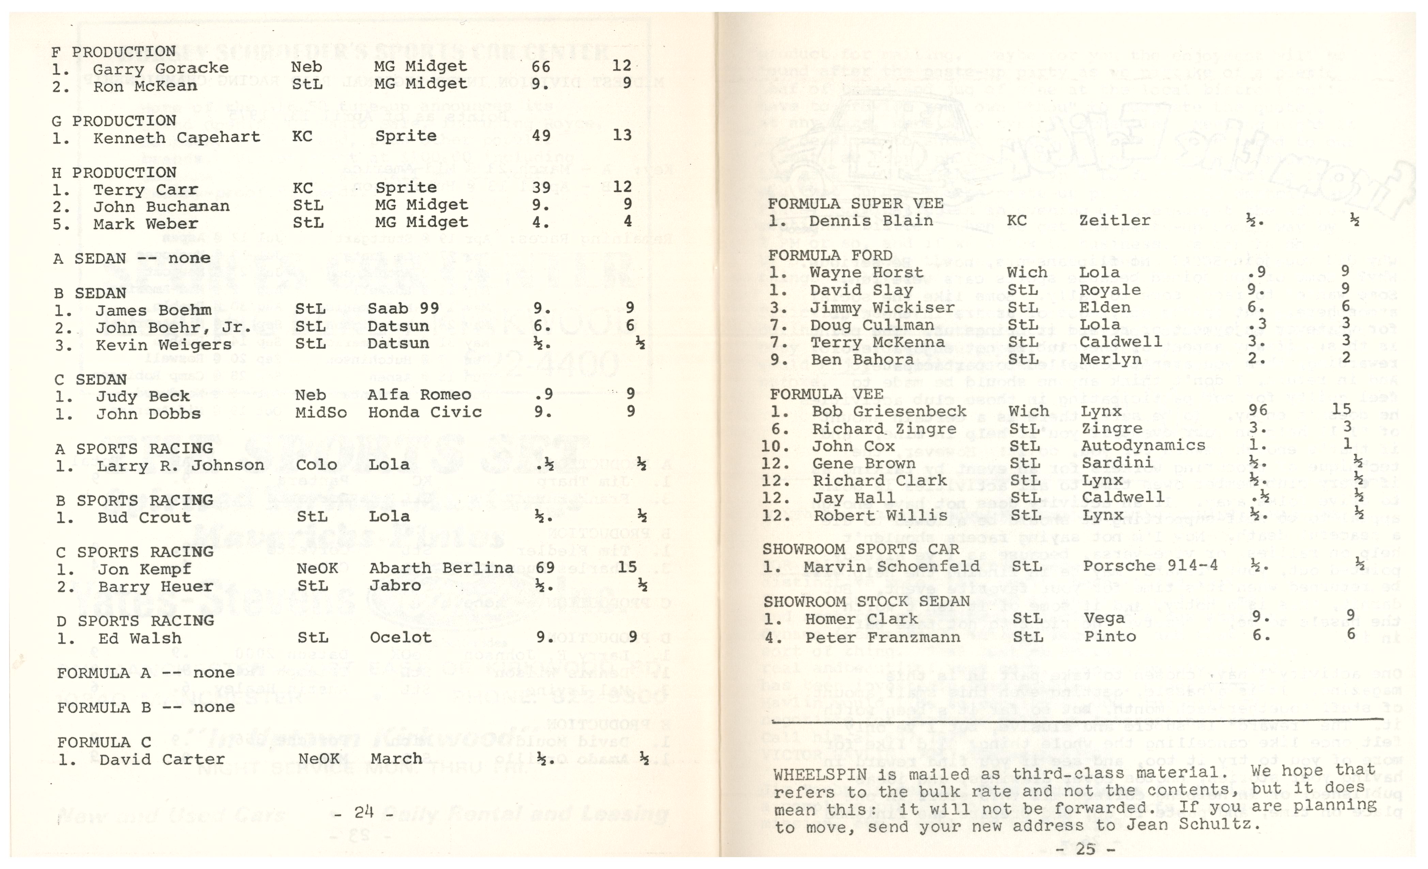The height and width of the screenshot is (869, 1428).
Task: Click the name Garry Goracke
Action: click(x=160, y=69)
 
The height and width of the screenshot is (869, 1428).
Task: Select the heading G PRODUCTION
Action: click(x=113, y=121)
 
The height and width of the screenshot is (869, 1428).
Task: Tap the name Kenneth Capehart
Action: click(x=176, y=137)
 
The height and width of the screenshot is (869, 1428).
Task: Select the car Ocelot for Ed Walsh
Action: click(x=401, y=638)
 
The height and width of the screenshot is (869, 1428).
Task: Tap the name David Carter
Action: click(x=162, y=759)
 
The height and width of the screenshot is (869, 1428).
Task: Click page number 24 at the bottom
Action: click(x=364, y=813)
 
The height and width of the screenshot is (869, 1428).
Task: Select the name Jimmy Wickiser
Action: click(x=882, y=307)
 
